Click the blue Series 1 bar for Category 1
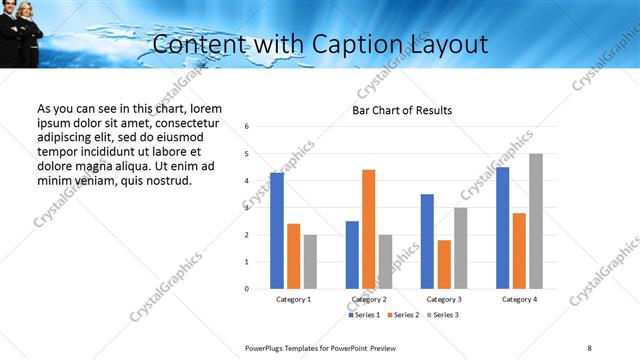click(x=277, y=231)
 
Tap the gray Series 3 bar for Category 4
click(x=536, y=221)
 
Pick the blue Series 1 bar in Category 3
click(x=427, y=241)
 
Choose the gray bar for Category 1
click(x=310, y=262)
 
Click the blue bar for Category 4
click(x=502, y=228)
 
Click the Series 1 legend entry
click(x=364, y=315)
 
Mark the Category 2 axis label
click(x=368, y=299)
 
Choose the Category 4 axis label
click(x=519, y=299)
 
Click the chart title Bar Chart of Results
click(x=402, y=110)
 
